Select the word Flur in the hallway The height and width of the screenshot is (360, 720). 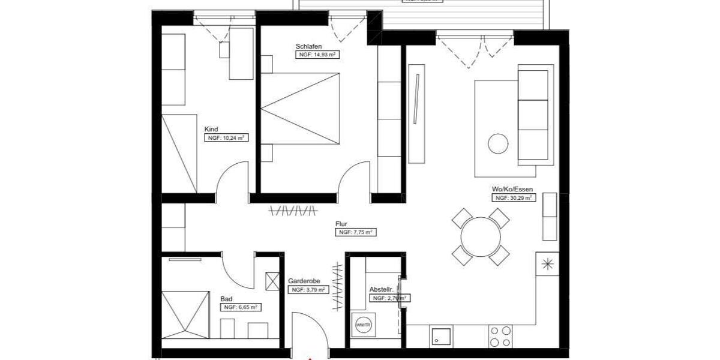point(341,224)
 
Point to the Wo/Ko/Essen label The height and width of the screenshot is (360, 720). point(512,189)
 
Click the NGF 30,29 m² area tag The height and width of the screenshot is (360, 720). point(514,197)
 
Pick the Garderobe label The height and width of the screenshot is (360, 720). point(304,281)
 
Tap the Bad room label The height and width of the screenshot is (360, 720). point(226,298)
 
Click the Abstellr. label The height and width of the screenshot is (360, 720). point(381,289)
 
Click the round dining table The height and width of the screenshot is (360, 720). point(481,236)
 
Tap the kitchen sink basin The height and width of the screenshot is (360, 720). point(441,336)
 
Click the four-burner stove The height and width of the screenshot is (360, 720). point(500,337)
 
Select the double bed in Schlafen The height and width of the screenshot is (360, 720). point(300,109)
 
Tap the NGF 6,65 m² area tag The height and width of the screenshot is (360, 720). point(241,307)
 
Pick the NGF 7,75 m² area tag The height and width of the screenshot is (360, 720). point(356,232)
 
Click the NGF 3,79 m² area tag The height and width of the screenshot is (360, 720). point(309,289)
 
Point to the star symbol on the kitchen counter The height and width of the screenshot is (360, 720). point(547,263)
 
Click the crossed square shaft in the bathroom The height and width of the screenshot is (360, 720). point(272,281)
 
